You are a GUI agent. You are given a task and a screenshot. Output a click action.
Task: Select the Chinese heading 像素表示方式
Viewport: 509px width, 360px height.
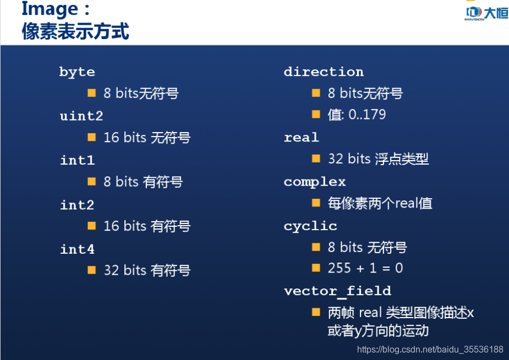[75, 31]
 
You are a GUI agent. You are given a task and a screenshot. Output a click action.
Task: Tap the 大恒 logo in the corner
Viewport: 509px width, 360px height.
[486, 13]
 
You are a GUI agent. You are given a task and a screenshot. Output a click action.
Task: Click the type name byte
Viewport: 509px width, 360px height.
[77, 72]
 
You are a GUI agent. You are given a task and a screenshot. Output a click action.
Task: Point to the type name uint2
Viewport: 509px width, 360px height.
[81, 116]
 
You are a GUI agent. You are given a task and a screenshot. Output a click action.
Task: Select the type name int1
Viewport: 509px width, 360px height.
[77, 160]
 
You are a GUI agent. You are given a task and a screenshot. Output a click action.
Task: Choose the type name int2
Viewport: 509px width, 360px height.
[77, 205]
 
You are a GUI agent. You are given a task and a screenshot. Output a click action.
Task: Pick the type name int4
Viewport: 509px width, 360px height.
[77, 249]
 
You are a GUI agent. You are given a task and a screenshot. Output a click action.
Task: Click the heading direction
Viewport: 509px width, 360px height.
[324, 72]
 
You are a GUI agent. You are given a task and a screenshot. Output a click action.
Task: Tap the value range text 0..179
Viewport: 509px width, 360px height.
[367, 114]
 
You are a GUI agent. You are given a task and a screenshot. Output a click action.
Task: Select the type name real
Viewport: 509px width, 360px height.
[301, 138]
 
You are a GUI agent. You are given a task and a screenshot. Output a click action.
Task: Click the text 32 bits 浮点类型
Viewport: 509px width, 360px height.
[378, 159]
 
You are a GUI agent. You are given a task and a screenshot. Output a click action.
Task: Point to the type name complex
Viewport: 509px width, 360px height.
[315, 182]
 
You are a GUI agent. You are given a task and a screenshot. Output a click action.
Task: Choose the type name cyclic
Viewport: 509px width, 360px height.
[310, 226]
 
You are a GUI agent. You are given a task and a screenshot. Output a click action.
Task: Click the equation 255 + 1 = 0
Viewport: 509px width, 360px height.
[365, 268]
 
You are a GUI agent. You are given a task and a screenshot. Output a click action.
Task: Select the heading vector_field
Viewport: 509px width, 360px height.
[337, 291]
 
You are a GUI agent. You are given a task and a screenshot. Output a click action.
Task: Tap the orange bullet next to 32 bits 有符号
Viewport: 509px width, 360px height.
[92, 270]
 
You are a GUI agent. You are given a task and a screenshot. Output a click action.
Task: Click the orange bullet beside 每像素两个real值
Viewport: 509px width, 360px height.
[316, 203]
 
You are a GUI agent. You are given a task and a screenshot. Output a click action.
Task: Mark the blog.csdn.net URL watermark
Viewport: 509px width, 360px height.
[430, 350]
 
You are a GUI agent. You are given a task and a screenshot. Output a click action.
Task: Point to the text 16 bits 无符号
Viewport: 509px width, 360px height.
[147, 138]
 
